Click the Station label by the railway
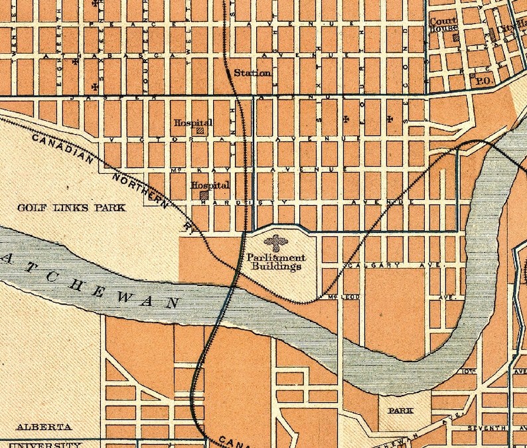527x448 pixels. (252, 73)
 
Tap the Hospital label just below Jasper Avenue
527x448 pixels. (193, 123)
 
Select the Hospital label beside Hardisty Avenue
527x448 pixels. (210, 186)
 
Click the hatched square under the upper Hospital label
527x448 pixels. (200, 131)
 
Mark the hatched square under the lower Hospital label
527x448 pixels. (204, 195)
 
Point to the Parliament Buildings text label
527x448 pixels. (276, 261)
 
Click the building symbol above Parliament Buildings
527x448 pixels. (276, 243)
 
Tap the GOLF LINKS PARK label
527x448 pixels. (71, 208)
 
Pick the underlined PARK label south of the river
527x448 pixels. (400, 411)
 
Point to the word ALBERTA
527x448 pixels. (44, 427)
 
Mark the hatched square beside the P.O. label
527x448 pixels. (473, 76)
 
